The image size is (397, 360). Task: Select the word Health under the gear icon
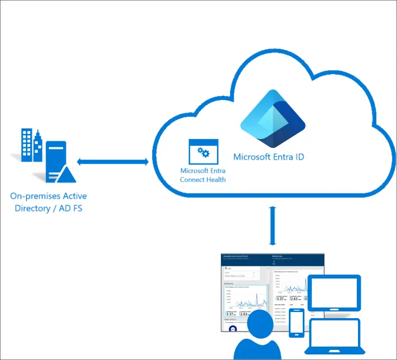click(215, 180)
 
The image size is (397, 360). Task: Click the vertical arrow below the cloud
click(273, 225)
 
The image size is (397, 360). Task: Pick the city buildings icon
click(32, 145)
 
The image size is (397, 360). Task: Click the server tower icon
click(56, 159)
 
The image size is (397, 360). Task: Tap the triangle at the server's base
click(66, 175)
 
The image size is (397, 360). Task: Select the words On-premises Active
click(49, 196)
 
